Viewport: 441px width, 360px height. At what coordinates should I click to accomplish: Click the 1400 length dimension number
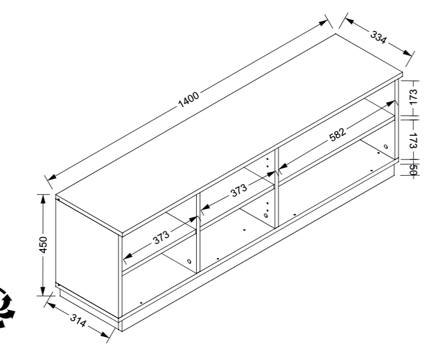pyautogui.click(x=189, y=99)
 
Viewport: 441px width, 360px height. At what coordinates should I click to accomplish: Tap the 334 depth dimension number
pyautogui.click(x=378, y=37)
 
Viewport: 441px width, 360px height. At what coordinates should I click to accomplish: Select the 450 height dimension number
pyautogui.click(x=43, y=245)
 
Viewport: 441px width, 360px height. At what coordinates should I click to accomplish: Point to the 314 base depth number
pyautogui.click(x=78, y=321)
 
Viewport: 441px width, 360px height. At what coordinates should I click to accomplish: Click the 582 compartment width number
pyautogui.click(x=337, y=135)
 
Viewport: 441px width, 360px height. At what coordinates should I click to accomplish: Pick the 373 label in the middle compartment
pyautogui.click(x=239, y=190)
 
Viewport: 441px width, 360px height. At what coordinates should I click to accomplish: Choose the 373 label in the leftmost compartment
pyautogui.click(x=161, y=238)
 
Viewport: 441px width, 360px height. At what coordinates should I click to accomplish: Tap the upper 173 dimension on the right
pyautogui.click(x=413, y=97)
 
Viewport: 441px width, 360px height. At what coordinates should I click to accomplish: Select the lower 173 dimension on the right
pyautogui.click(x=413, y=140)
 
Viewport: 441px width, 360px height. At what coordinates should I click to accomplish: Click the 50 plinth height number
pyautogui.click(x=413, y=170)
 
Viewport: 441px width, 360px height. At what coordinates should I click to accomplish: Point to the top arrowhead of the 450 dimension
pyautogui.click(x=43, y=199)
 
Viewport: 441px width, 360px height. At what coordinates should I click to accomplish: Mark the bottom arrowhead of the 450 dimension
pyautogui.click(x=43, y=291)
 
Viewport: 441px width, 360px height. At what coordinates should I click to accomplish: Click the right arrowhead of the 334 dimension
pyautogui.click(x=407, y=53)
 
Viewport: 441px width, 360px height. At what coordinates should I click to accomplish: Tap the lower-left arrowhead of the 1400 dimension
pyautogui.click(x=52, y=177)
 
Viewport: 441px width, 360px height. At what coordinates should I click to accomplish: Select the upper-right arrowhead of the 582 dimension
pyautogui.click(x=391, y=103)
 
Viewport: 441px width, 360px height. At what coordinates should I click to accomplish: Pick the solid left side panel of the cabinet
pyautogui.click(x=87, y=257)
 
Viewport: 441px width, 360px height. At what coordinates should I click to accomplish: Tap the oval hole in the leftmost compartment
pyautogui.click(x=189, y=261)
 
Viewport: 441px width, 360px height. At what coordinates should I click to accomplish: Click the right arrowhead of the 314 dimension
pyautogui.click(x=105, y=335)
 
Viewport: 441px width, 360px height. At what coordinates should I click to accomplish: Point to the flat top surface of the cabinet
pyautogui.click(x=229, y=134)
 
